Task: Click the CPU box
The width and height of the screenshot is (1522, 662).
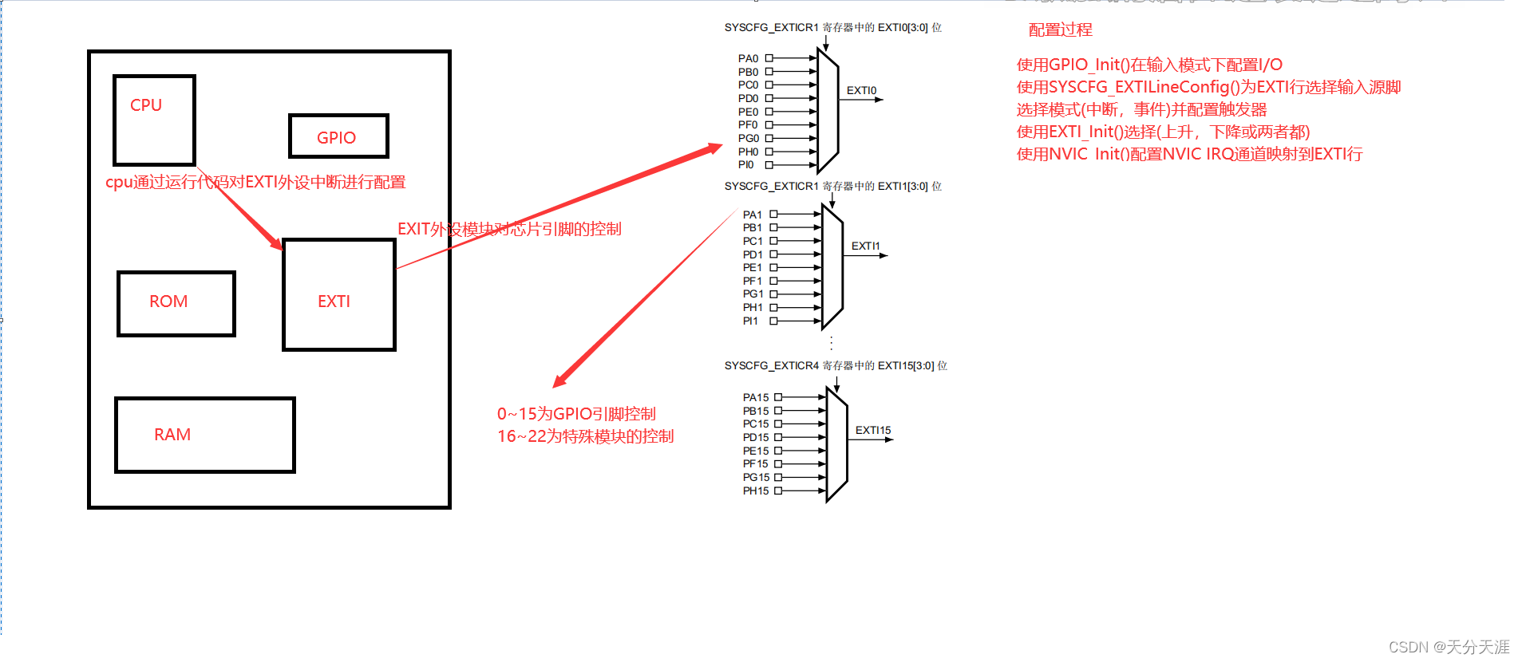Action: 154,120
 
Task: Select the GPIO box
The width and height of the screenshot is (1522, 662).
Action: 338,136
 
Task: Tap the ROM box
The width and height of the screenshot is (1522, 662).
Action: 176,303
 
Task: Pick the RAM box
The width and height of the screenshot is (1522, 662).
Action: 204,435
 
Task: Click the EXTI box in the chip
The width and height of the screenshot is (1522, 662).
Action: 338,294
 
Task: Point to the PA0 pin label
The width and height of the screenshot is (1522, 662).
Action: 748,58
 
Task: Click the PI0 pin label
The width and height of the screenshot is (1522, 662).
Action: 745,165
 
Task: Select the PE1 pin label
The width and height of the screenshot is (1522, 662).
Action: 752,267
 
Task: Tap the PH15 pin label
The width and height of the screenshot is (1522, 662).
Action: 756,491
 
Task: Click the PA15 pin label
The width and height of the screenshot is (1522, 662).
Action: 756,397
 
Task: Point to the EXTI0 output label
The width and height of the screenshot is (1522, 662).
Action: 861,91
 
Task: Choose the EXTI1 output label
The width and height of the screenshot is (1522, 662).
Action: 865,246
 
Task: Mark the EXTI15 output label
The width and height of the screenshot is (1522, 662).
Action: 873,430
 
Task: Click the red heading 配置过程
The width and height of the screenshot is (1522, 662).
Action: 1060,30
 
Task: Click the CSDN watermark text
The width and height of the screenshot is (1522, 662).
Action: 1449,647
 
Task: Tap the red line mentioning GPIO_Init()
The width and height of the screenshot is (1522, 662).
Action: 1149,65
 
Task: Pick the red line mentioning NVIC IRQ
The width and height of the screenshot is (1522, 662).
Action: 1189,154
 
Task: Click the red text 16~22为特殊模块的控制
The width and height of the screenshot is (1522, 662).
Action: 585,436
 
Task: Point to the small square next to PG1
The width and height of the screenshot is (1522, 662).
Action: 773,294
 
